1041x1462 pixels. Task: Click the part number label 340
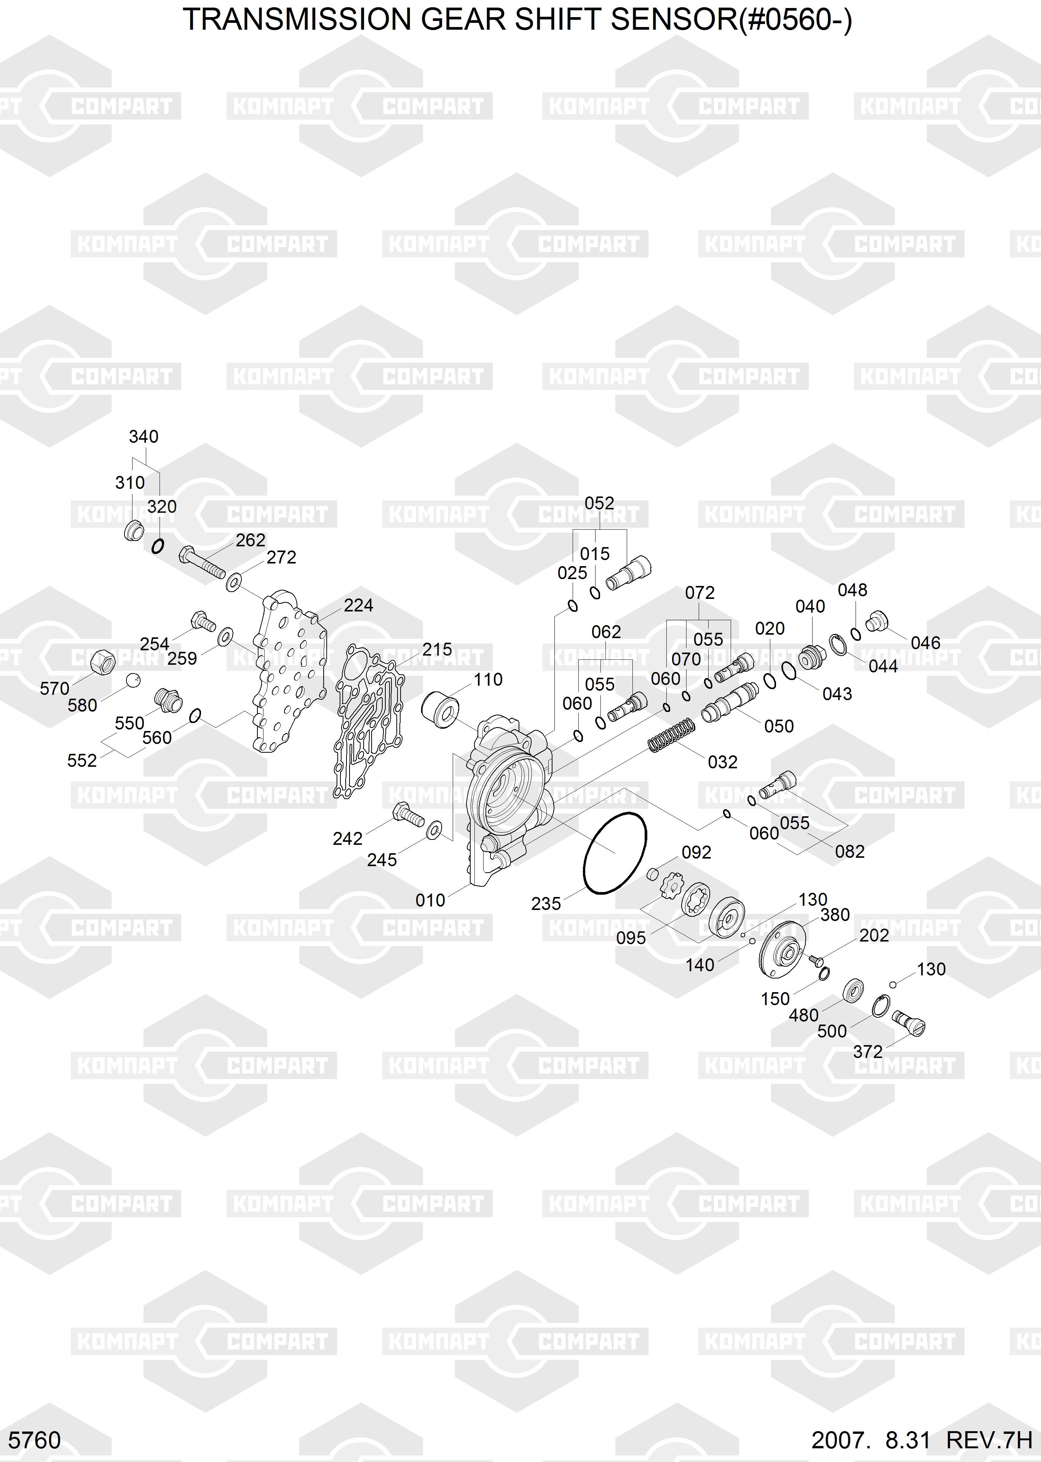coord(144,436)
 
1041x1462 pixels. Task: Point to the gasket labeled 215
coord(369,721)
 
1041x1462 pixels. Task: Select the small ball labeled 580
coord(133,680)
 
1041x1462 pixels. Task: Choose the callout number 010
coord(430,900)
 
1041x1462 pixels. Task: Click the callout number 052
coord(599,503)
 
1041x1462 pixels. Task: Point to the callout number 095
coord(631,938)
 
